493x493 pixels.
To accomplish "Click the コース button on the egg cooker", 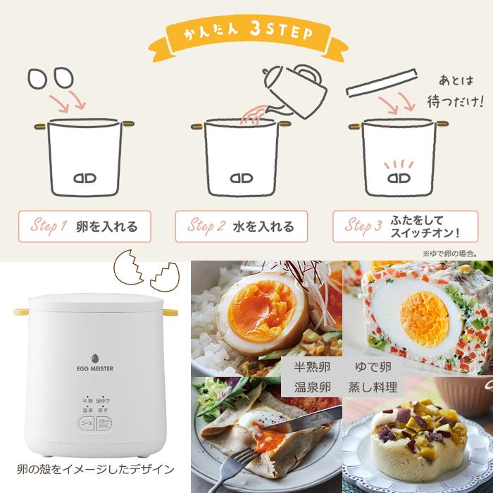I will point(87,424).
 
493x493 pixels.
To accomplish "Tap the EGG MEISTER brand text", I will point(96,366).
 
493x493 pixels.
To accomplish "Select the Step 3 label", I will point(363,227).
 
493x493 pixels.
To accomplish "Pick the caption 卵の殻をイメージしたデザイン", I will point(95,469).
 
